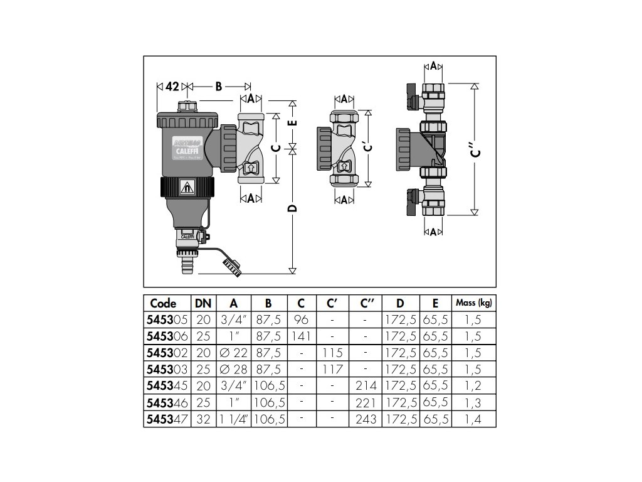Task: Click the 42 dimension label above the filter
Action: (x=172, y=86)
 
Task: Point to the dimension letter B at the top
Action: (x=218, y=86)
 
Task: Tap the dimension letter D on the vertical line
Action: (x=292, y=208)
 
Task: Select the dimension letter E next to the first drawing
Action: (x=292, y=123)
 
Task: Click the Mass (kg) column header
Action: (x=473, y=303)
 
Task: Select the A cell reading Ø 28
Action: (x=233, y=369)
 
